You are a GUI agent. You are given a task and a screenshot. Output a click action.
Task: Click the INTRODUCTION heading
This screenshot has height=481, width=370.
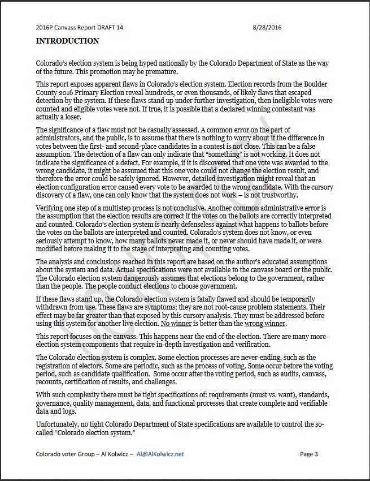click(x=67, y=41)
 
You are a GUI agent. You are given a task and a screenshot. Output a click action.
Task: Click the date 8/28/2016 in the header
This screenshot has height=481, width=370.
click(x=268, y=27)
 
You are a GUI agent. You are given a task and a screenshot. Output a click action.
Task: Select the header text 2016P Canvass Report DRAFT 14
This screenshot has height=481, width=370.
click(x=79, y=27)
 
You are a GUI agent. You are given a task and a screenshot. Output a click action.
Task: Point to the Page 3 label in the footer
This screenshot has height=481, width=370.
click(x=309, y=454)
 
